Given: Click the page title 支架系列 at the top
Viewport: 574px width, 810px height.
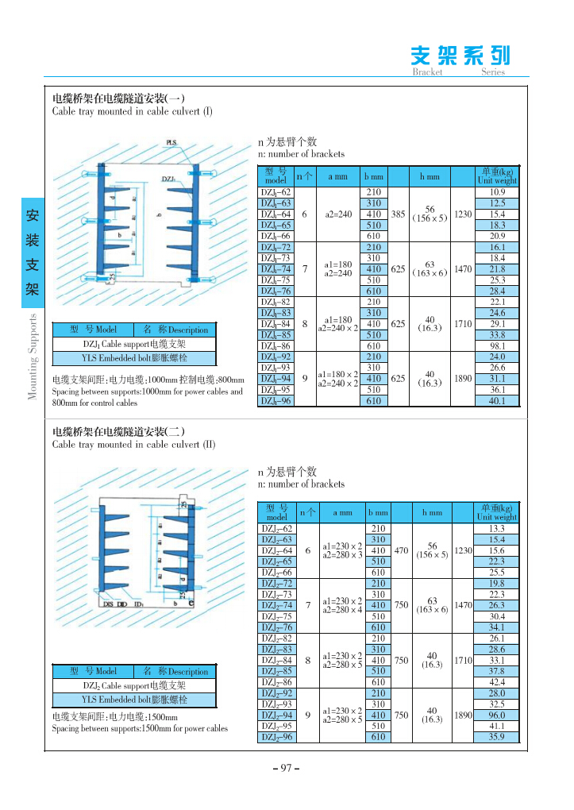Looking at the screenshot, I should pyautogui.click(x=460, y=55).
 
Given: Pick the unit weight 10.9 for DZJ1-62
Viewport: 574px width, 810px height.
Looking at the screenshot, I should pyautogui.click(x=497, y=192).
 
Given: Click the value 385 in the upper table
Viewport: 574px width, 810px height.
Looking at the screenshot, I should pyautogui.click(x=399, y=214).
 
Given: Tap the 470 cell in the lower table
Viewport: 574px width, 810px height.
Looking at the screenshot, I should pyautogui.click(x=401, y=550).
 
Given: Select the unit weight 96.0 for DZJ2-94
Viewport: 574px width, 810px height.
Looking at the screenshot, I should pyautogui.click(x=497, y=715).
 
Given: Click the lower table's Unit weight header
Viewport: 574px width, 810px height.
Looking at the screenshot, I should pyautogui.click(x=497, y=512).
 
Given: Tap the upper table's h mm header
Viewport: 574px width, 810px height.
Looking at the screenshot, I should pyautogui.click(x=429, y=176).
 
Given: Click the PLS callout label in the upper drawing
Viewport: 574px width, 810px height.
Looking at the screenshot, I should pyautogui.click(x=171, y=143).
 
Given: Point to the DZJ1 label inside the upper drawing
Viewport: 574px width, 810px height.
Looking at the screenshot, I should pyautogui.click(x=168, y=179).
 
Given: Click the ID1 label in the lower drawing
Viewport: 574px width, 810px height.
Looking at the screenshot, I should pyautogui.click(x=139, y=604).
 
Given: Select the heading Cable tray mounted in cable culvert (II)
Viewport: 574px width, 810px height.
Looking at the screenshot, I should pyautogui.click(x=133, y=445).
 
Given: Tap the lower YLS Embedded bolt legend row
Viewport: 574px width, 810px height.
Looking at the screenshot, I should pyautogui.click(x=134, y=700).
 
